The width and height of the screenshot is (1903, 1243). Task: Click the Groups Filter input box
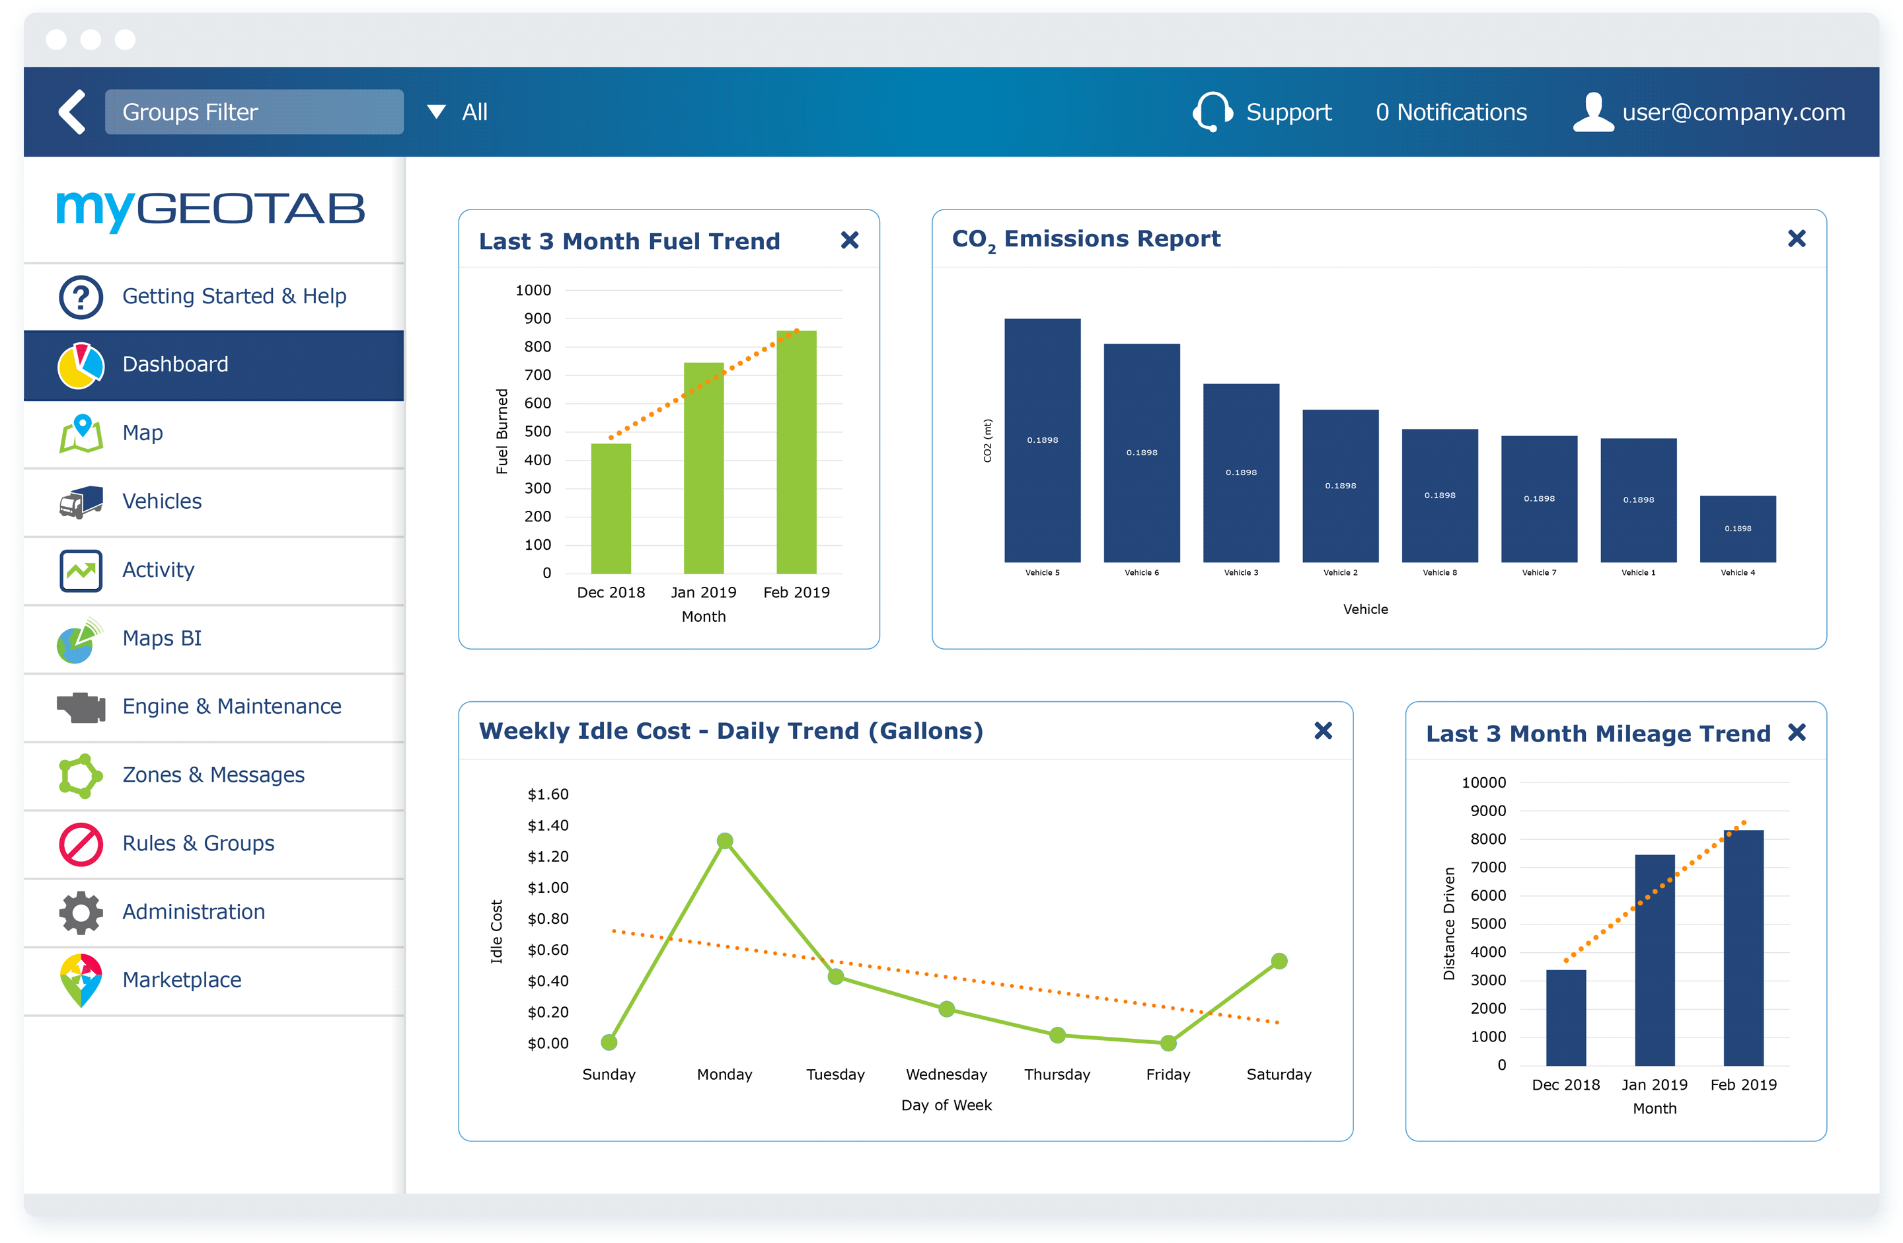point(254,112)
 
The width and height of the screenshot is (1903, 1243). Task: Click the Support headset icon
point(1212,111)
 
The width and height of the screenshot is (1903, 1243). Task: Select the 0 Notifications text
point(1450,112)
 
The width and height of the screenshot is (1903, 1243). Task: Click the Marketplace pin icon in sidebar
point(81,980)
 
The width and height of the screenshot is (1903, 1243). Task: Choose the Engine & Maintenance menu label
point(231,706)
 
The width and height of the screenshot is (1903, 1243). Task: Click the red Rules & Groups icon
point(81,844)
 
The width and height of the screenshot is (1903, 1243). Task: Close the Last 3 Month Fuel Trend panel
point(849,240)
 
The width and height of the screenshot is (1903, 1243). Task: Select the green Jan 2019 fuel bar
point(703,468)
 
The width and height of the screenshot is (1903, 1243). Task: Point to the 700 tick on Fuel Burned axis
point(537,375)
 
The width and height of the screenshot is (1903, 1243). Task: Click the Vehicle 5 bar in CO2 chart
point(1042,440)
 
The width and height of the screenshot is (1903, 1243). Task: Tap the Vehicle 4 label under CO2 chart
point(1738,573)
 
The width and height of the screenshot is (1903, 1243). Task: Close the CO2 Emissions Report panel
point(1796,239)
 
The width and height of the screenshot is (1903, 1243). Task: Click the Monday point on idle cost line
point(724,841)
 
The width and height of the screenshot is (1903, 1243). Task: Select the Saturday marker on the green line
point(1279,961)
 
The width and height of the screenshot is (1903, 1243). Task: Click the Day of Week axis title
point(946,1106)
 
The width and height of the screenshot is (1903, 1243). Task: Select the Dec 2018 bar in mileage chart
point(1565,1018)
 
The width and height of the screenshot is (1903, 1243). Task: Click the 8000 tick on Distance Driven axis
point(1487,839)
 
